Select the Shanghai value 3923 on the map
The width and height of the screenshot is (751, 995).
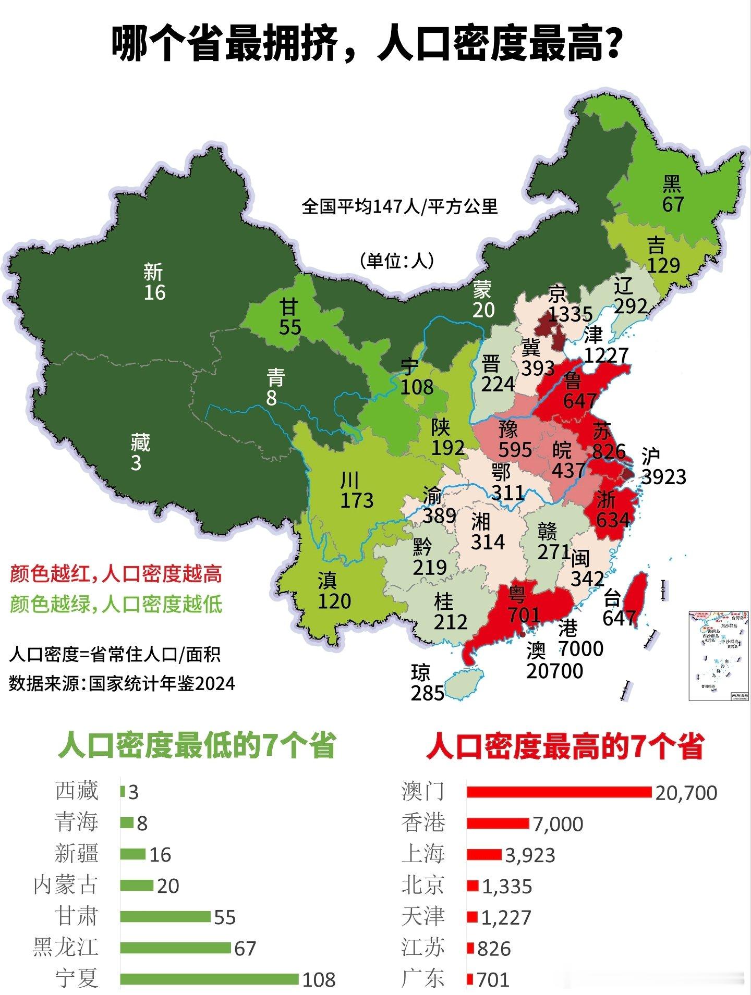(x=663, y=476)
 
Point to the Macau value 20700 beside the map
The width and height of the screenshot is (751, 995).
(x=554, y=671)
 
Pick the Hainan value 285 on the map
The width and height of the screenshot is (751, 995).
(x=428, y=693)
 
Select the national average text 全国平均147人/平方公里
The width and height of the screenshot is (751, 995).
(x=399, y=207)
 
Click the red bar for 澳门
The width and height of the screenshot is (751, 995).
(x=559, y=792)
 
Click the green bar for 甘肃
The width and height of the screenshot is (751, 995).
(x=165, y=917)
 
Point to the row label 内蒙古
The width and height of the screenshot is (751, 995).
(x=66, y=885)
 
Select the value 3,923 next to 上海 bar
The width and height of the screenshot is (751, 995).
(x=530, y=855)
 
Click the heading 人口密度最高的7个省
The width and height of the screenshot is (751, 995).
(x=565, y=746)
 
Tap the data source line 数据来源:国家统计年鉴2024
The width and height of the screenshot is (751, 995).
(x=122, y=683)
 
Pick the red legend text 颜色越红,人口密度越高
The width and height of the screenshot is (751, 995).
(x=116, y=574)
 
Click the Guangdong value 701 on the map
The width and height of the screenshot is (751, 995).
(x=524, y=615)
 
